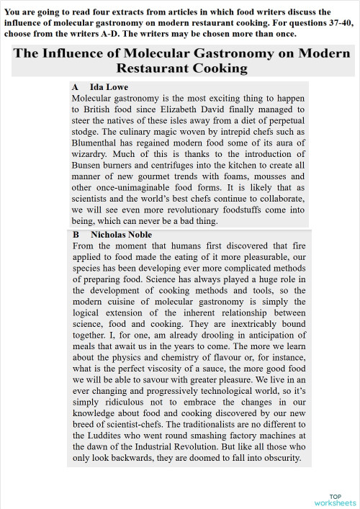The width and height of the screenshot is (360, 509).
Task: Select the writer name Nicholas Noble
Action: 121,235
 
